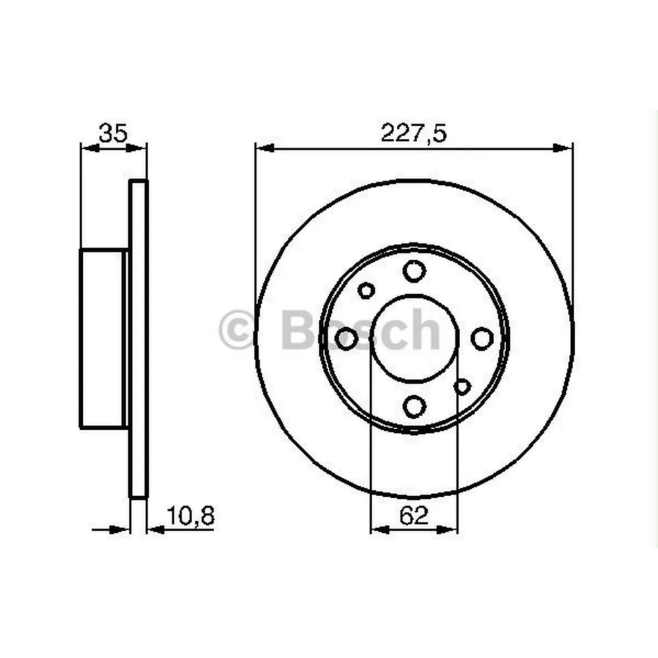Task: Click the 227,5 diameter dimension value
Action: coord(414,133)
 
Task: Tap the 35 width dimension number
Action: coord(113,133)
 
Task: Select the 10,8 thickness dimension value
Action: coord(191,515)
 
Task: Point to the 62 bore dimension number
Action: coord(414,515)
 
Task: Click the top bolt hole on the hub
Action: coord(414,270)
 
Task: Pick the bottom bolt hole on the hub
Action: coord(414,406)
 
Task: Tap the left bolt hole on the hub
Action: coord(346,339)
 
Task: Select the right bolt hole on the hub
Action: coord(482,339)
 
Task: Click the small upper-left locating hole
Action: coord(367,290)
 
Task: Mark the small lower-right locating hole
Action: coord(462,386)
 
